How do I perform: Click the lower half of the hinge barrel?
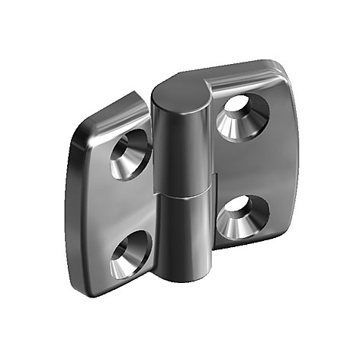coord(185,236)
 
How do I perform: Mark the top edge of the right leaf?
coord(244,68)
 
